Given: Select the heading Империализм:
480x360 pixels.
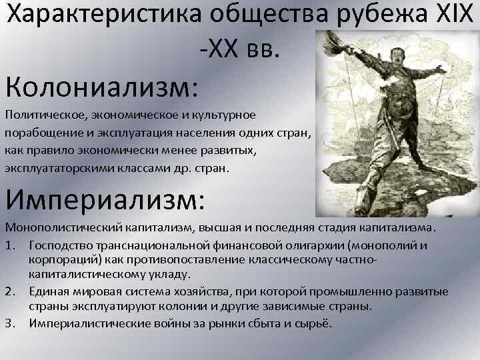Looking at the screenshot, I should (x=106, y=199).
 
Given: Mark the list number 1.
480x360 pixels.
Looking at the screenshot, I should (x=9, y=245).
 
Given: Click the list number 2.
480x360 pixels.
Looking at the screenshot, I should (x=9, y=292).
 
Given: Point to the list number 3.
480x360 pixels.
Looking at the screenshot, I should (x=9, y=323).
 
